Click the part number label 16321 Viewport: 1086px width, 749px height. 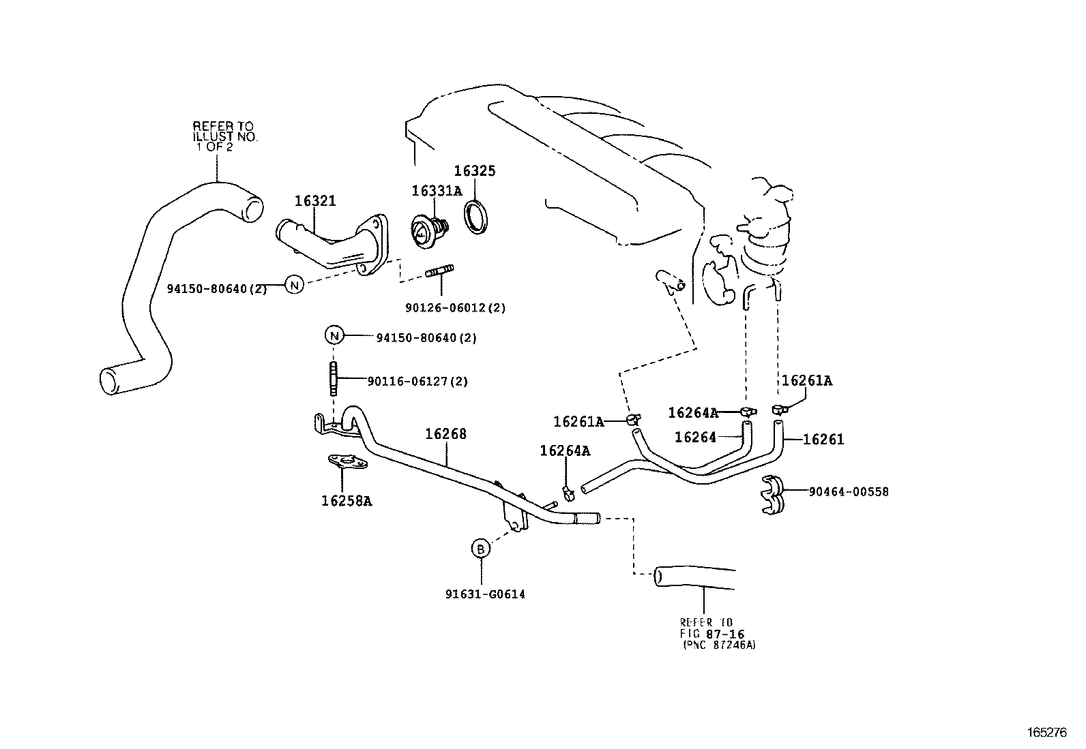pos(315,201)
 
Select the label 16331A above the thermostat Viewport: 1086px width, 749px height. pos(437,191)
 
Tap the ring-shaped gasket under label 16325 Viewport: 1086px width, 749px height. pos(475,217)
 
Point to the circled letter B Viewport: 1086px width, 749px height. pos(481,548)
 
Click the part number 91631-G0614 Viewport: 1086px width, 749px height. pos(485,594)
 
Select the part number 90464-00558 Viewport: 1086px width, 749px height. pos(849,491)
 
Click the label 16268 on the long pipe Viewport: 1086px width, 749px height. pos(446,434)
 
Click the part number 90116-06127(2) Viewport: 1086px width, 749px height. pos(417,382)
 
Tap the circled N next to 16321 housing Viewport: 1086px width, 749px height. pos(293,285)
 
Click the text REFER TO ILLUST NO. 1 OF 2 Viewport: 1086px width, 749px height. pos(222,136)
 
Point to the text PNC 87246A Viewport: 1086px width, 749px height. pos(719,645)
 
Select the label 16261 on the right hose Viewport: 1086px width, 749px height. pos(823,440)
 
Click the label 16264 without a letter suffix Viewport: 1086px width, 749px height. pos(695,438)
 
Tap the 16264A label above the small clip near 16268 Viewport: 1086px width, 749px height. pos(565,450)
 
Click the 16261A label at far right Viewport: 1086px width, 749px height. pos(807,381)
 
